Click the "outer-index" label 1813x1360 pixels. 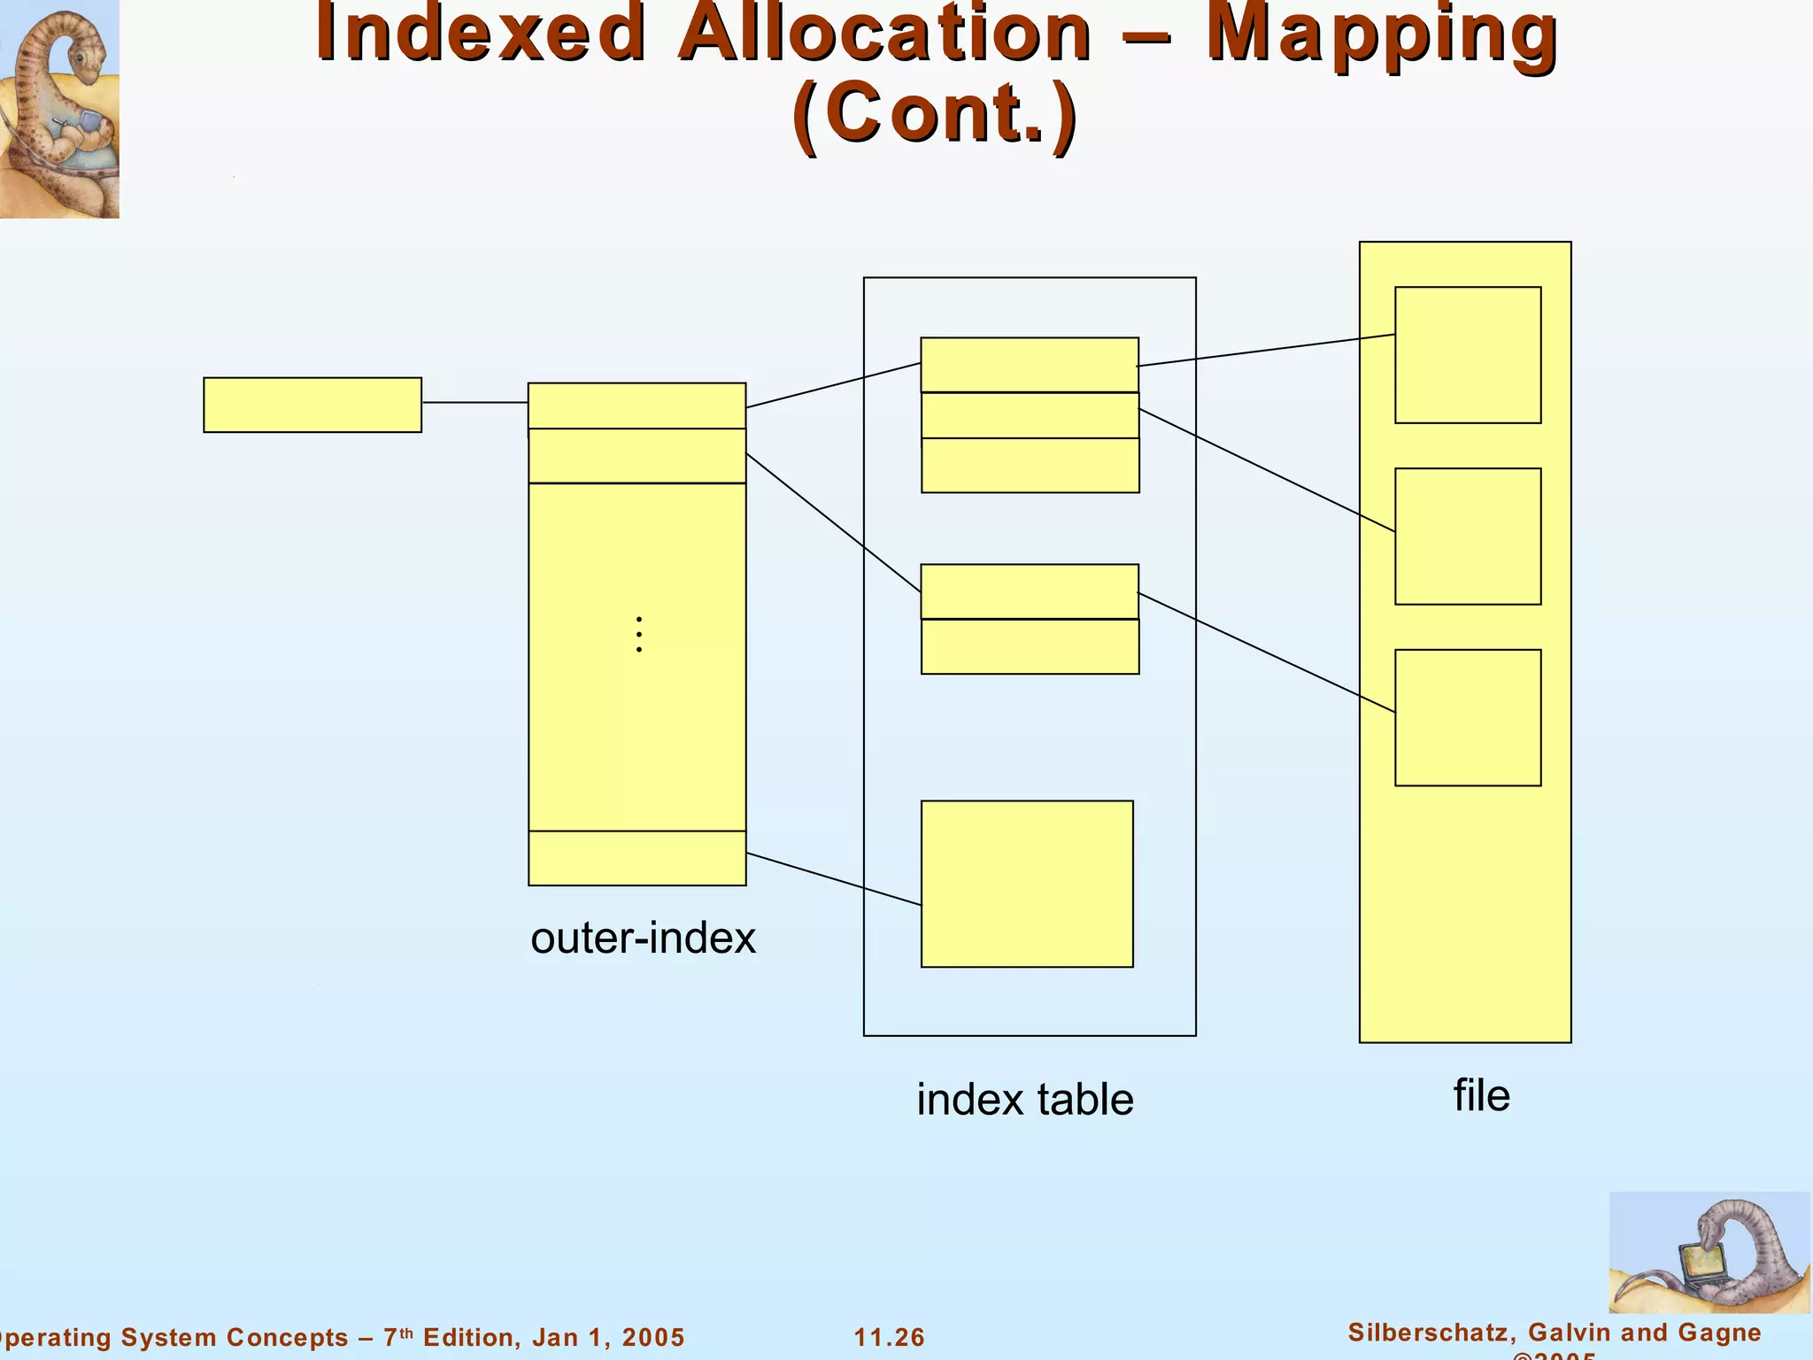[644, 938]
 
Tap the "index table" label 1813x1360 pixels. [1024, 1100]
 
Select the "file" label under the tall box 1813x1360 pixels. [1481, 1095]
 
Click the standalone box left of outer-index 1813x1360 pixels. [312, 405]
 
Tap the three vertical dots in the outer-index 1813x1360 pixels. [639, 635]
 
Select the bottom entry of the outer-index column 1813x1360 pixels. [637, 858]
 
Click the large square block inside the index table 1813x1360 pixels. [1027, 884]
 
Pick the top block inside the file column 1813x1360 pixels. [1468, 354]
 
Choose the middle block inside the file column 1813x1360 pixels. [1468, 536]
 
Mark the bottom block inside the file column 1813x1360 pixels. [1468, 717]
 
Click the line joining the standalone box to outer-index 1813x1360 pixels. [475, 403]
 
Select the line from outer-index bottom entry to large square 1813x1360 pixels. [833, 878]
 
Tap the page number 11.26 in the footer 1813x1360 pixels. [889, 1337]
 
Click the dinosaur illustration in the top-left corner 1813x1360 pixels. [59, 108]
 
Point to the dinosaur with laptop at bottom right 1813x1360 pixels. [1709, 1252]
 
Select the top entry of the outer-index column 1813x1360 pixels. [637, 406]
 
